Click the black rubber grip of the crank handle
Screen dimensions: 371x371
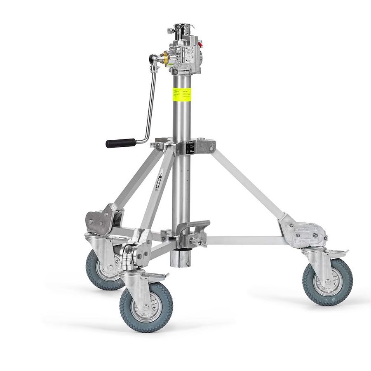120,143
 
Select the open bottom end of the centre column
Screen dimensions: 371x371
181,258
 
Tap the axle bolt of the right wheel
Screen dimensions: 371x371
328,283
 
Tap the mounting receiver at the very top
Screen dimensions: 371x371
182,30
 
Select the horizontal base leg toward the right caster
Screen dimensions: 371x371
247,241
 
